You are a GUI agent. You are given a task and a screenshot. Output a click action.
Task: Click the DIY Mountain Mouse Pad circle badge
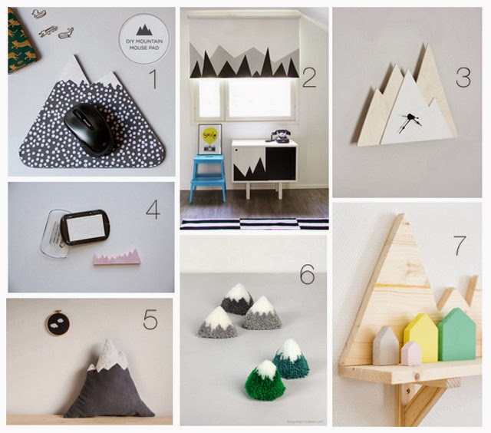143,38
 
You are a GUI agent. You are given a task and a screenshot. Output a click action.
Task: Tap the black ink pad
85,227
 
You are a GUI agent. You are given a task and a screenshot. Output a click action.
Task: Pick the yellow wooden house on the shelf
421,338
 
